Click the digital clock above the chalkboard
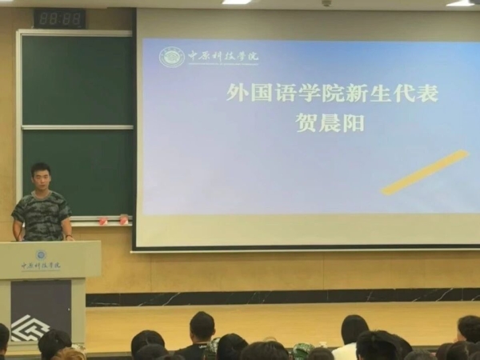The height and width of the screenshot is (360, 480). pyautogui.click(x=59, y=18)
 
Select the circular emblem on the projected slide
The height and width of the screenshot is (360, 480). pyautogui.click(x=171, y=57)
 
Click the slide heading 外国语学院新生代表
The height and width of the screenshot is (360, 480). pyautogui.click(x=332, y=94)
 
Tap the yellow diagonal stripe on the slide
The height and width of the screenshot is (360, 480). pyautogui.click(x=425, y=172)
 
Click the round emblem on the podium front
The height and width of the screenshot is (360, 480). pyautogui.click(x=41, y=254)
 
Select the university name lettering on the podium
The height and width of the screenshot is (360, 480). pyautogui.click(x=41, y=266)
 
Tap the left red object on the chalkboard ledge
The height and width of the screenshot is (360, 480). pyautogui.click(x=102, y=220)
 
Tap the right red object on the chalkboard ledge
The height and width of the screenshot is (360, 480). pyautogui.click(x=123, y=219)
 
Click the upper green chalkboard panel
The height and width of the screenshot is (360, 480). pyautogui.click(x=77, y=79)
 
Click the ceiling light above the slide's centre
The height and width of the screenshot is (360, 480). pyautogui.click(x=236, y=2)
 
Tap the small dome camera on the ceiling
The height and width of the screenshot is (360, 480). pyautogui.click(x=326, y=3)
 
